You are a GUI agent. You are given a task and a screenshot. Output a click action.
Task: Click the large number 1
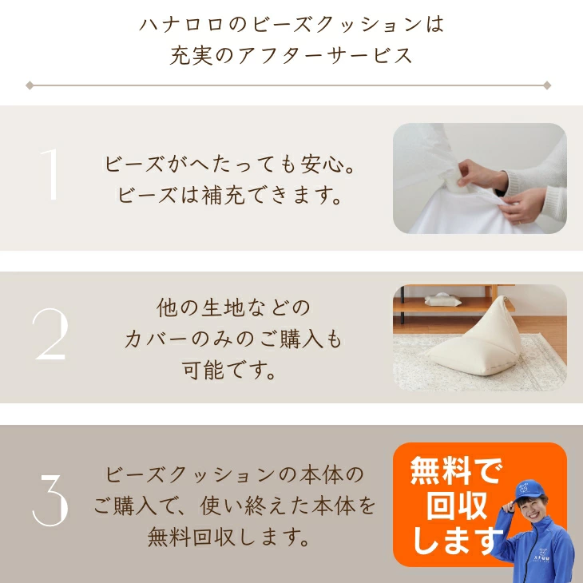[x=51, y=175]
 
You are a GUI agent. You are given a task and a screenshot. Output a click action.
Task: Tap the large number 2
[x=50, y=335]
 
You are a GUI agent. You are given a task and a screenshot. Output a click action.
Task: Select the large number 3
[x=50, y=500]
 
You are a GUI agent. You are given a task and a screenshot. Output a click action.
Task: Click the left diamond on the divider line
[x=30, y=85]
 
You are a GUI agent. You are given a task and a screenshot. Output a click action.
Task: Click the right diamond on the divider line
[x=547, y=85]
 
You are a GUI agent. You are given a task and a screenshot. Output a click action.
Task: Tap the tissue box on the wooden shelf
[x=442, y=299]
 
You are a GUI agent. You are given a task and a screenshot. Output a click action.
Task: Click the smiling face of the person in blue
[x=533, y=510]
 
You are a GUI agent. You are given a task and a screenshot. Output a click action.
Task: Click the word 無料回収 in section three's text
[x=192, y=537]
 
